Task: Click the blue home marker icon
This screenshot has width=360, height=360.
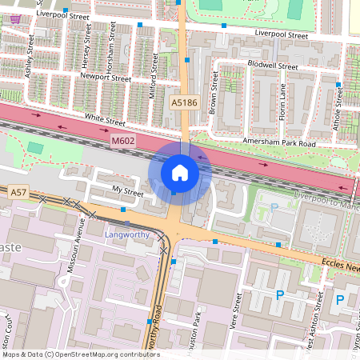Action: tap(180, 172)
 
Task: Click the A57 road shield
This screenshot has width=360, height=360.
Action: tap(18, 193)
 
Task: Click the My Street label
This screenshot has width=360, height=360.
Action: tap(128, 193)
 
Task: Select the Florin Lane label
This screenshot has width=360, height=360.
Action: tap(282, 98)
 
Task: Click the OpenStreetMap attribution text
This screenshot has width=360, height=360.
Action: tap(80, 354)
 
